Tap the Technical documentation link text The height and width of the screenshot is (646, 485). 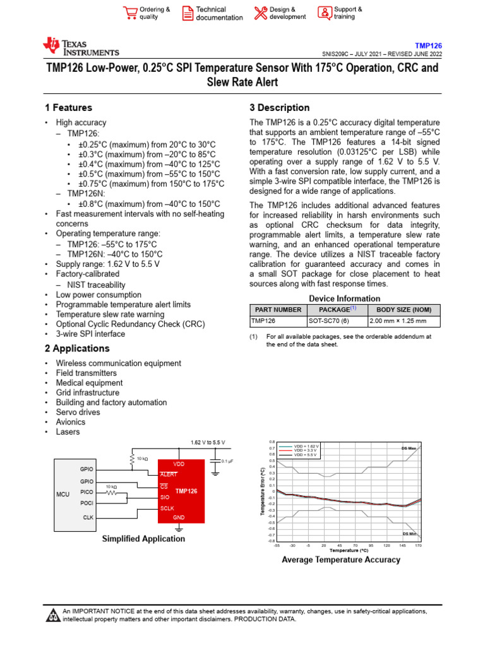pyautogui.click(x=219, y=13)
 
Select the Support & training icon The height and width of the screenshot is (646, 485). pyautogui.click(x=324, y=13)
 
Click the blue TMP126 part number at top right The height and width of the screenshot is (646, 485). pyautogui.click(x=428, y=45)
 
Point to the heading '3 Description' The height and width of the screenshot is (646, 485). pyautogui.click(x=279, y=108)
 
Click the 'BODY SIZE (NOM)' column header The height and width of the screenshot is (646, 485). pyautogui.click(x=404, y=310)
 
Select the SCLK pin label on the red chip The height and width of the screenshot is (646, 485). pyautogui.click(x=167, y=507)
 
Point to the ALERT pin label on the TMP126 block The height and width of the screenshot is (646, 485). pyautogui.click(x=169, y=474)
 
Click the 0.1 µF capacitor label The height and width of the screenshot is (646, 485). pyautogui.click(x=227, y=461)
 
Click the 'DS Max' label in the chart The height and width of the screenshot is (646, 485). pyautogui.click(x=409, y=448)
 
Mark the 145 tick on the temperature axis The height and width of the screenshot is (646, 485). pyautogui.click(x=402, y=545)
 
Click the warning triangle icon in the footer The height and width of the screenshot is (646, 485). pyautogui.click(x=52, y=615)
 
